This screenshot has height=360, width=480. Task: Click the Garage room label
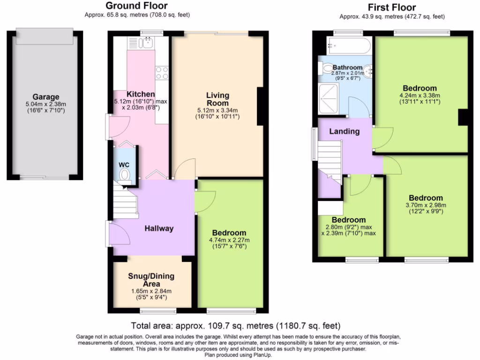pyautogui.click(x=46, y=97)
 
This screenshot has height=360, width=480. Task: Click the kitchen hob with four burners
pyautogui.click(x=162, y=73)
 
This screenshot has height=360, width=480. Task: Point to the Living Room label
pyautogui.click(x=217, y=99)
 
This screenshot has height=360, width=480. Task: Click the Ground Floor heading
pyautogui.click(x=136, y=6)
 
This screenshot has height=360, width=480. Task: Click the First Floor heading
pyautogui.click(x=391, y=7)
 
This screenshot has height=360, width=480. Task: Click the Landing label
pyautogui.click(x=344, y=131)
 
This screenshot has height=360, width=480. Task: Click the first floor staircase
pyautogui.click(x=330, y=159)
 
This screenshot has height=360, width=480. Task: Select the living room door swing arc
pyautogui.click(x=184, y=167)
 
